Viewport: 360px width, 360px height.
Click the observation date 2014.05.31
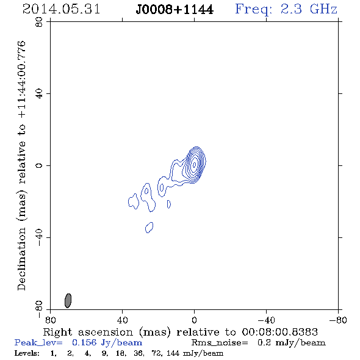[61, 9]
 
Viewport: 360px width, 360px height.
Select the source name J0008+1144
[175, 10]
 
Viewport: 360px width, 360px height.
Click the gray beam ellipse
[68, 301]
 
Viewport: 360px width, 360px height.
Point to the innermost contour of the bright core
[195, 165]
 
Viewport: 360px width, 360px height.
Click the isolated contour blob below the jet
[149, 228]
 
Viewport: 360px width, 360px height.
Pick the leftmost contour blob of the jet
[134, 201]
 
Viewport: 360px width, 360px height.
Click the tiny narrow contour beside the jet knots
[169, 204]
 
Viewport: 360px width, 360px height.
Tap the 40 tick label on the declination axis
[39, 94]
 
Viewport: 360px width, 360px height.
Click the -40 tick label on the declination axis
[39, 237]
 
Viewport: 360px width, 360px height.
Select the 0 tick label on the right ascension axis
[194, 320]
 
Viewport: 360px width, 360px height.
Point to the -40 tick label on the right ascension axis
[266, 320]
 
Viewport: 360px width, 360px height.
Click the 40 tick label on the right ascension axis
[122, 320]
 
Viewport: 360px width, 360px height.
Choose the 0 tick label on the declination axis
[39, 165]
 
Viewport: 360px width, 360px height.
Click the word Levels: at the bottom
[27, 353]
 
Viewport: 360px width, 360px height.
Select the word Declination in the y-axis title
[21, 259]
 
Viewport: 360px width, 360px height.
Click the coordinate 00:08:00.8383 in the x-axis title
[279, 332]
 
